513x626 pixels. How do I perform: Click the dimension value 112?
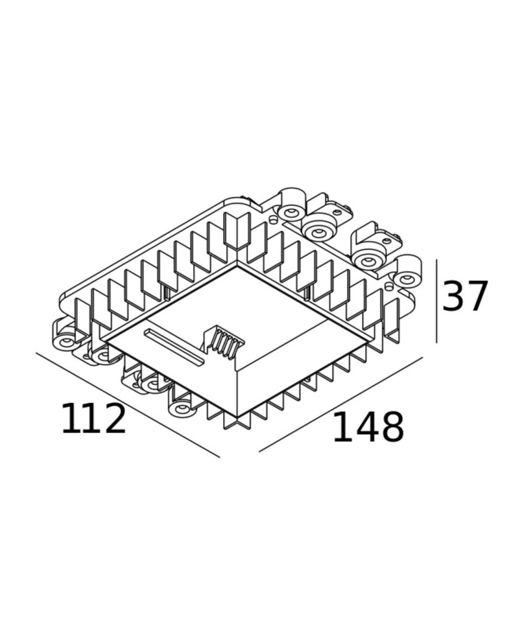tap(93, 418)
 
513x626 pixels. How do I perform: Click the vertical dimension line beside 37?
tap(436, 301)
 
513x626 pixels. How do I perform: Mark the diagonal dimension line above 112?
tap(128, 405)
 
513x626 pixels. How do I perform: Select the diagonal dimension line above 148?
tap(341, 404)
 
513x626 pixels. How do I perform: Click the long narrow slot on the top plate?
tap(174, 347)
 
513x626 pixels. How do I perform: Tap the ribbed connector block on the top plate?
tap(224, 343)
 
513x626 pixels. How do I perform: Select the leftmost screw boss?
tap(64, 342)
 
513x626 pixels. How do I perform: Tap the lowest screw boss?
tap(182, 408)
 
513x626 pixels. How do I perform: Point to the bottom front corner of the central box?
tap(237, 417)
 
